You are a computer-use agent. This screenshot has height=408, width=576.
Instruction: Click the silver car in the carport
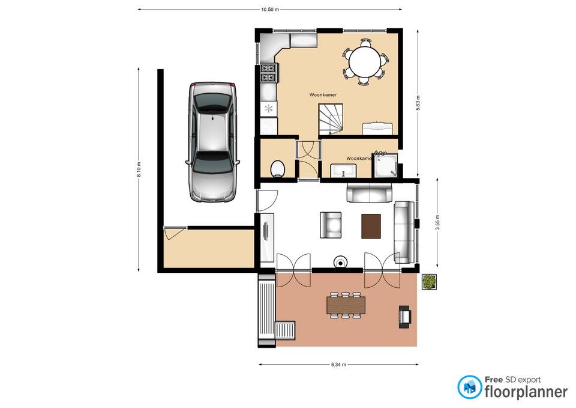(214, 142)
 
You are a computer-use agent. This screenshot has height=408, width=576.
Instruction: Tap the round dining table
(364, 61)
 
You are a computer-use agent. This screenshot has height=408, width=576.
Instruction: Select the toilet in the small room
(277, 168)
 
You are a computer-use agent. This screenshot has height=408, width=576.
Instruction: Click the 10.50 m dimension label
(270, 10)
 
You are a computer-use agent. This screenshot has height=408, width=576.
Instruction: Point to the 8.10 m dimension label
(139, 170)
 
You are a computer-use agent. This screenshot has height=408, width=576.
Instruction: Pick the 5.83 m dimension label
(418, 103)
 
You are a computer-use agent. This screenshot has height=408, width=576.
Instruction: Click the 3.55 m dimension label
(437, 222)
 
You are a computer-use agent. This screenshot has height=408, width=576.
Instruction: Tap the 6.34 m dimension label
(338, 365)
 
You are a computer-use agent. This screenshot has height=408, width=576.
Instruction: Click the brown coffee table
(371, 227)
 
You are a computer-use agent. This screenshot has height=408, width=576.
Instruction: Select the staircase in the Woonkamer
(330, 119)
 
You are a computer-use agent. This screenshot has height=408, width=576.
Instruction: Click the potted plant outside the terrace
(429, 282)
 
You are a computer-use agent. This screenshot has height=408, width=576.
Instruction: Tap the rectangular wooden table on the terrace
(346, 305)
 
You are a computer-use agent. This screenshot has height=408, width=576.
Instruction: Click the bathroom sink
(343, 171)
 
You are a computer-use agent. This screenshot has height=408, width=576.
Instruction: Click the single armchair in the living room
(331, 225)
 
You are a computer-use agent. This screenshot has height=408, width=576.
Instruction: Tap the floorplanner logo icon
(469, 387)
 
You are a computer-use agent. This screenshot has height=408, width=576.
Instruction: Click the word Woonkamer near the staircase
(323, 95)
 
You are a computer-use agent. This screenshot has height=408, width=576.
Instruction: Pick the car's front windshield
(213, 162)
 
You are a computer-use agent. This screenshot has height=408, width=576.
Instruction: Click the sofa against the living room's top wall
(369, 193)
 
